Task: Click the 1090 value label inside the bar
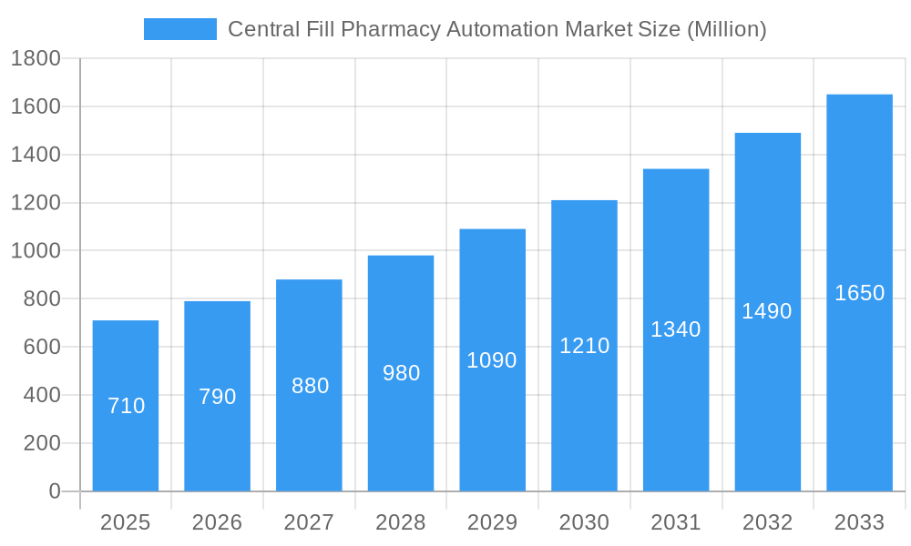click(x=492, y=360)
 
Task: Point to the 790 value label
click(x=217, y=397)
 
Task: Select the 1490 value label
click(x=767, y=311)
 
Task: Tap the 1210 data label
click(x=584, y=346)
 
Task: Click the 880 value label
click(x=310, y=386)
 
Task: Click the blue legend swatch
click(x=180, y=29)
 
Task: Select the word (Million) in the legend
click(x=726, y=29)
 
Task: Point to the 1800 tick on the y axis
click(x=36, y=59)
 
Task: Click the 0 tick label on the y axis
click(x=54, y=491)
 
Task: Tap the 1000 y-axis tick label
click(x=36, y=251)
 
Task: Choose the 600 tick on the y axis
click(x=41, y=347)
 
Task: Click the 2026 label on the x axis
click(x=217, y=522)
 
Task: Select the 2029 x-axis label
click(x=492, y=522)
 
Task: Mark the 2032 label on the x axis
click(x=767, y=522)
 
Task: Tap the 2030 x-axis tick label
click(x=584, y=522)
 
